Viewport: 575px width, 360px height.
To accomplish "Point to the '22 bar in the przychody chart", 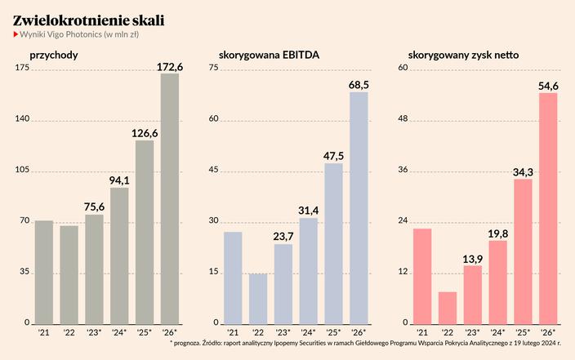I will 69,274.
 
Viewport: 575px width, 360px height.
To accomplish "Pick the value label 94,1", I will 119,180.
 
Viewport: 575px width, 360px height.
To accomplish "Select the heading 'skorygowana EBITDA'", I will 269,56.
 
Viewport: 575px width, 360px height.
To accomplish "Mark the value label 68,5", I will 359,84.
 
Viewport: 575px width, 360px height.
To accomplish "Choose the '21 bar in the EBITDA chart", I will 234,278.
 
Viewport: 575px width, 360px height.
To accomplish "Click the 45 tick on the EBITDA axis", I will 214,170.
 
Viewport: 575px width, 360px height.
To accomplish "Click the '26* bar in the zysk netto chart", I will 548,208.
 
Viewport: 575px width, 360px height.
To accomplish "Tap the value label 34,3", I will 523,171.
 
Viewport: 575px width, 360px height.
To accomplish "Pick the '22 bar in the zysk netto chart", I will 448,307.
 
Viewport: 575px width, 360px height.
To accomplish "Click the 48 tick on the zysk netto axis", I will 403,119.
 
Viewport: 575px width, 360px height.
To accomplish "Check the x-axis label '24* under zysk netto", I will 497,332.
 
